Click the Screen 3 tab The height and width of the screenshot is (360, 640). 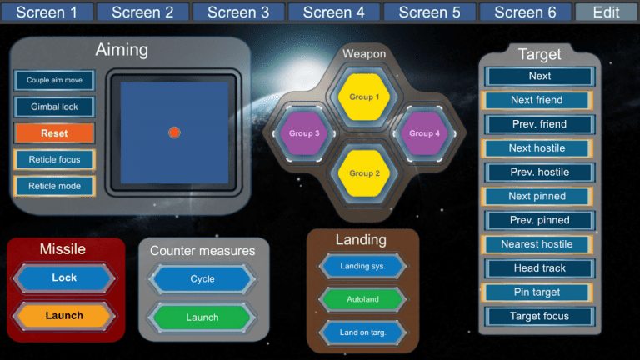(238, 12)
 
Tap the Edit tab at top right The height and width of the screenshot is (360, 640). (606, 12)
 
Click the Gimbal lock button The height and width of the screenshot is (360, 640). (54, 107)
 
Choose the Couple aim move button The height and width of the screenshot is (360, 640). (54, 81)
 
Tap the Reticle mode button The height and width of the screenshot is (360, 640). (54, 186)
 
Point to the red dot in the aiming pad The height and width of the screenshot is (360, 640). (174, 132)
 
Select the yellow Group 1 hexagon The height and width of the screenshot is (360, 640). (364, 97)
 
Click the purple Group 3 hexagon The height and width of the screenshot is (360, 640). (305, 133)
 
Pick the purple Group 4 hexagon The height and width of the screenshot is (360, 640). (424, 133)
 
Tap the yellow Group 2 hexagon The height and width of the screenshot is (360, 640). (364, 172)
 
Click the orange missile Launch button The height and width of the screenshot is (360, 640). (64, 316)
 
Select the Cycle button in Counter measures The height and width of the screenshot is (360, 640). (202, 279)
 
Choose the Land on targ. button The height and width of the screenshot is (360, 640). (362, 332)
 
